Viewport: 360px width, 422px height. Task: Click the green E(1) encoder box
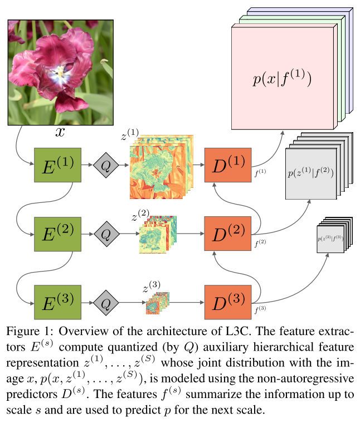[x=57, y=165]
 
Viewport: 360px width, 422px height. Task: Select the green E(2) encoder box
[x=57, y=234]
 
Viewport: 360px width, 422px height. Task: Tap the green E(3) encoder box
[x=57, y=303]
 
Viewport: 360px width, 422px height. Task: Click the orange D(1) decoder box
[x=228, y=165]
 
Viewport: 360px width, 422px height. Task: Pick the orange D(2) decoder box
[x=228, y=234]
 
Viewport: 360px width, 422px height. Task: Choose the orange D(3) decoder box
[x=228, y=303]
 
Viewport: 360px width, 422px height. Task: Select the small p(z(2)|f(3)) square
[x=329, y=239]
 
